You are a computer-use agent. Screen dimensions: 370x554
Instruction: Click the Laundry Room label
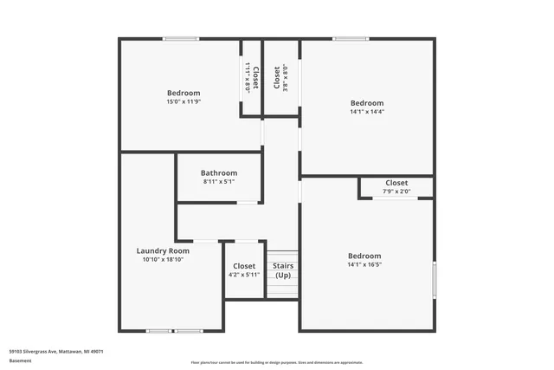point(166,250)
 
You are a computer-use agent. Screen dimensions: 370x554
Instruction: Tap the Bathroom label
point(219,172)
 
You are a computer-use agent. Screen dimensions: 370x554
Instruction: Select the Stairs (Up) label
point(283,270)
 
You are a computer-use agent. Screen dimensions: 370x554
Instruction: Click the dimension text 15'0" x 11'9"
point(184,101)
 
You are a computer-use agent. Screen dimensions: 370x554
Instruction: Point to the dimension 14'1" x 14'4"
point(367,111)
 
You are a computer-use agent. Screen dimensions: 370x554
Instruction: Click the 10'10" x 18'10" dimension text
point(166,259)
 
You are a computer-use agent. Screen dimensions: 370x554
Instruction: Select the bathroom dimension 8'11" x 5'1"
point(219,181)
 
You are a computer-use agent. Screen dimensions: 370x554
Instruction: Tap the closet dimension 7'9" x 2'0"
point(396,191)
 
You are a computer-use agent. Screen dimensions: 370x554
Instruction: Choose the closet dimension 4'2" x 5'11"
point(244,274)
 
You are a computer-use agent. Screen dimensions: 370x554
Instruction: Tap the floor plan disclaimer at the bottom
point(277,362)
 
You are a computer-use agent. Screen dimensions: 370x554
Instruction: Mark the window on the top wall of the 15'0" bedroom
point(180,38)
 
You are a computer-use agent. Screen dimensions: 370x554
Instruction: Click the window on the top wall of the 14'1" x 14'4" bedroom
point(350,38)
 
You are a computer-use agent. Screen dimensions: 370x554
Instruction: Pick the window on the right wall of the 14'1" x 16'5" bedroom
point(434,281)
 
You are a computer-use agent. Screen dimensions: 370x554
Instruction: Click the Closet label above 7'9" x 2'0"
point(396,183)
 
